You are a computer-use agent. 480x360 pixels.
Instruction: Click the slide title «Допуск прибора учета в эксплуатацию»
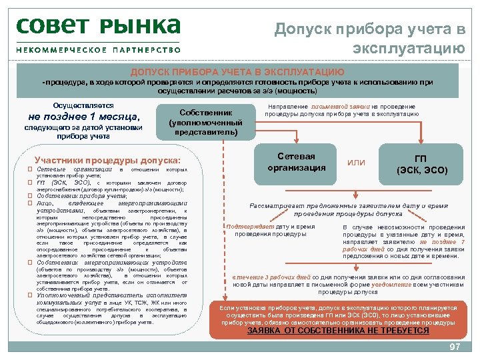point(371,38)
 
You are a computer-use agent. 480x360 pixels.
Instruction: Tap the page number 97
point(455,348)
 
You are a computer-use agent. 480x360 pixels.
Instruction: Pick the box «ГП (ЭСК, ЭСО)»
point(421,165)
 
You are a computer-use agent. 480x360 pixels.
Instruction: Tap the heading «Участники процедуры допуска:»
point(107,161)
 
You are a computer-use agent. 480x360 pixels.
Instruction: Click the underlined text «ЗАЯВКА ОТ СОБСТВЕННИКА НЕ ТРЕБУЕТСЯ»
point(338,331)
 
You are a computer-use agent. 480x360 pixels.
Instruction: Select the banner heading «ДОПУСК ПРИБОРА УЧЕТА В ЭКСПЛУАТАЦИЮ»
point(237,72)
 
